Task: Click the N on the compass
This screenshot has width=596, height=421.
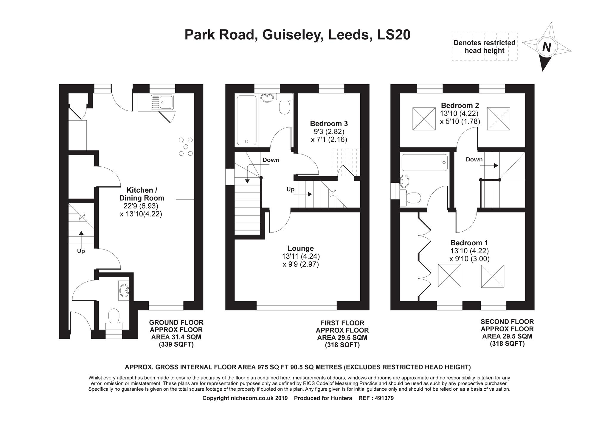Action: (546, 47)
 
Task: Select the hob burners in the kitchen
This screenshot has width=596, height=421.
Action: (186, 146)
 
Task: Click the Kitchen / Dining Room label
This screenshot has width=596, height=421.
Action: (142, 194)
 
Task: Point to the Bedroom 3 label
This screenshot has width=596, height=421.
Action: (329, 124)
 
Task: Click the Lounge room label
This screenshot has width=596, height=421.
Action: (301, 248)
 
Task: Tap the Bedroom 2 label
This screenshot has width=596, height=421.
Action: (460, 105)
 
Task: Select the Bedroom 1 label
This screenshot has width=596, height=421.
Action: (469, 243)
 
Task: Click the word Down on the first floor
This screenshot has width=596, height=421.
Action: (271, 160)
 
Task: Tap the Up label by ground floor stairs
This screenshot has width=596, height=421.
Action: (81, 251)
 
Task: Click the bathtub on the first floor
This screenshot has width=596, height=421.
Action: (247, 120)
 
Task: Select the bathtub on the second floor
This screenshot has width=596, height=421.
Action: (425, 163)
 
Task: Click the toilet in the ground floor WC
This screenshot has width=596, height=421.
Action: (114, 316)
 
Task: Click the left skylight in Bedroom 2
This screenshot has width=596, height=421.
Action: (424, 119)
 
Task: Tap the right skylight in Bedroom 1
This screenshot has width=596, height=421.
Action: (493, 276)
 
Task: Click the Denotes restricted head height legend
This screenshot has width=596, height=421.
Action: (484, 47)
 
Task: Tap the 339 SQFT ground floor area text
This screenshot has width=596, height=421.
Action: (176, 345)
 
